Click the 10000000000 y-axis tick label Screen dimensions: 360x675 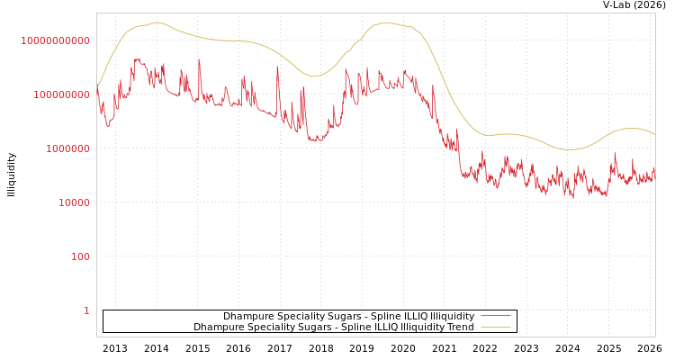tap(56, 40)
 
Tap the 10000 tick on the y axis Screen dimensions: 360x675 tap(74, 202)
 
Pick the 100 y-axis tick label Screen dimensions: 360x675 tap(80, 256)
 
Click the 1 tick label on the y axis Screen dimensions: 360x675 tap(86, 310)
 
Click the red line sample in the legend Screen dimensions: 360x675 tap(495, 317)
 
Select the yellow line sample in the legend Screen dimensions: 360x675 tap(495, 328)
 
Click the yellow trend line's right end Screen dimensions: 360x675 tap(654, 135)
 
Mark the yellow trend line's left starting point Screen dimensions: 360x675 tap(97, 87)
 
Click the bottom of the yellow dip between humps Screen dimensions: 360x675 tap(312, 76)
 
